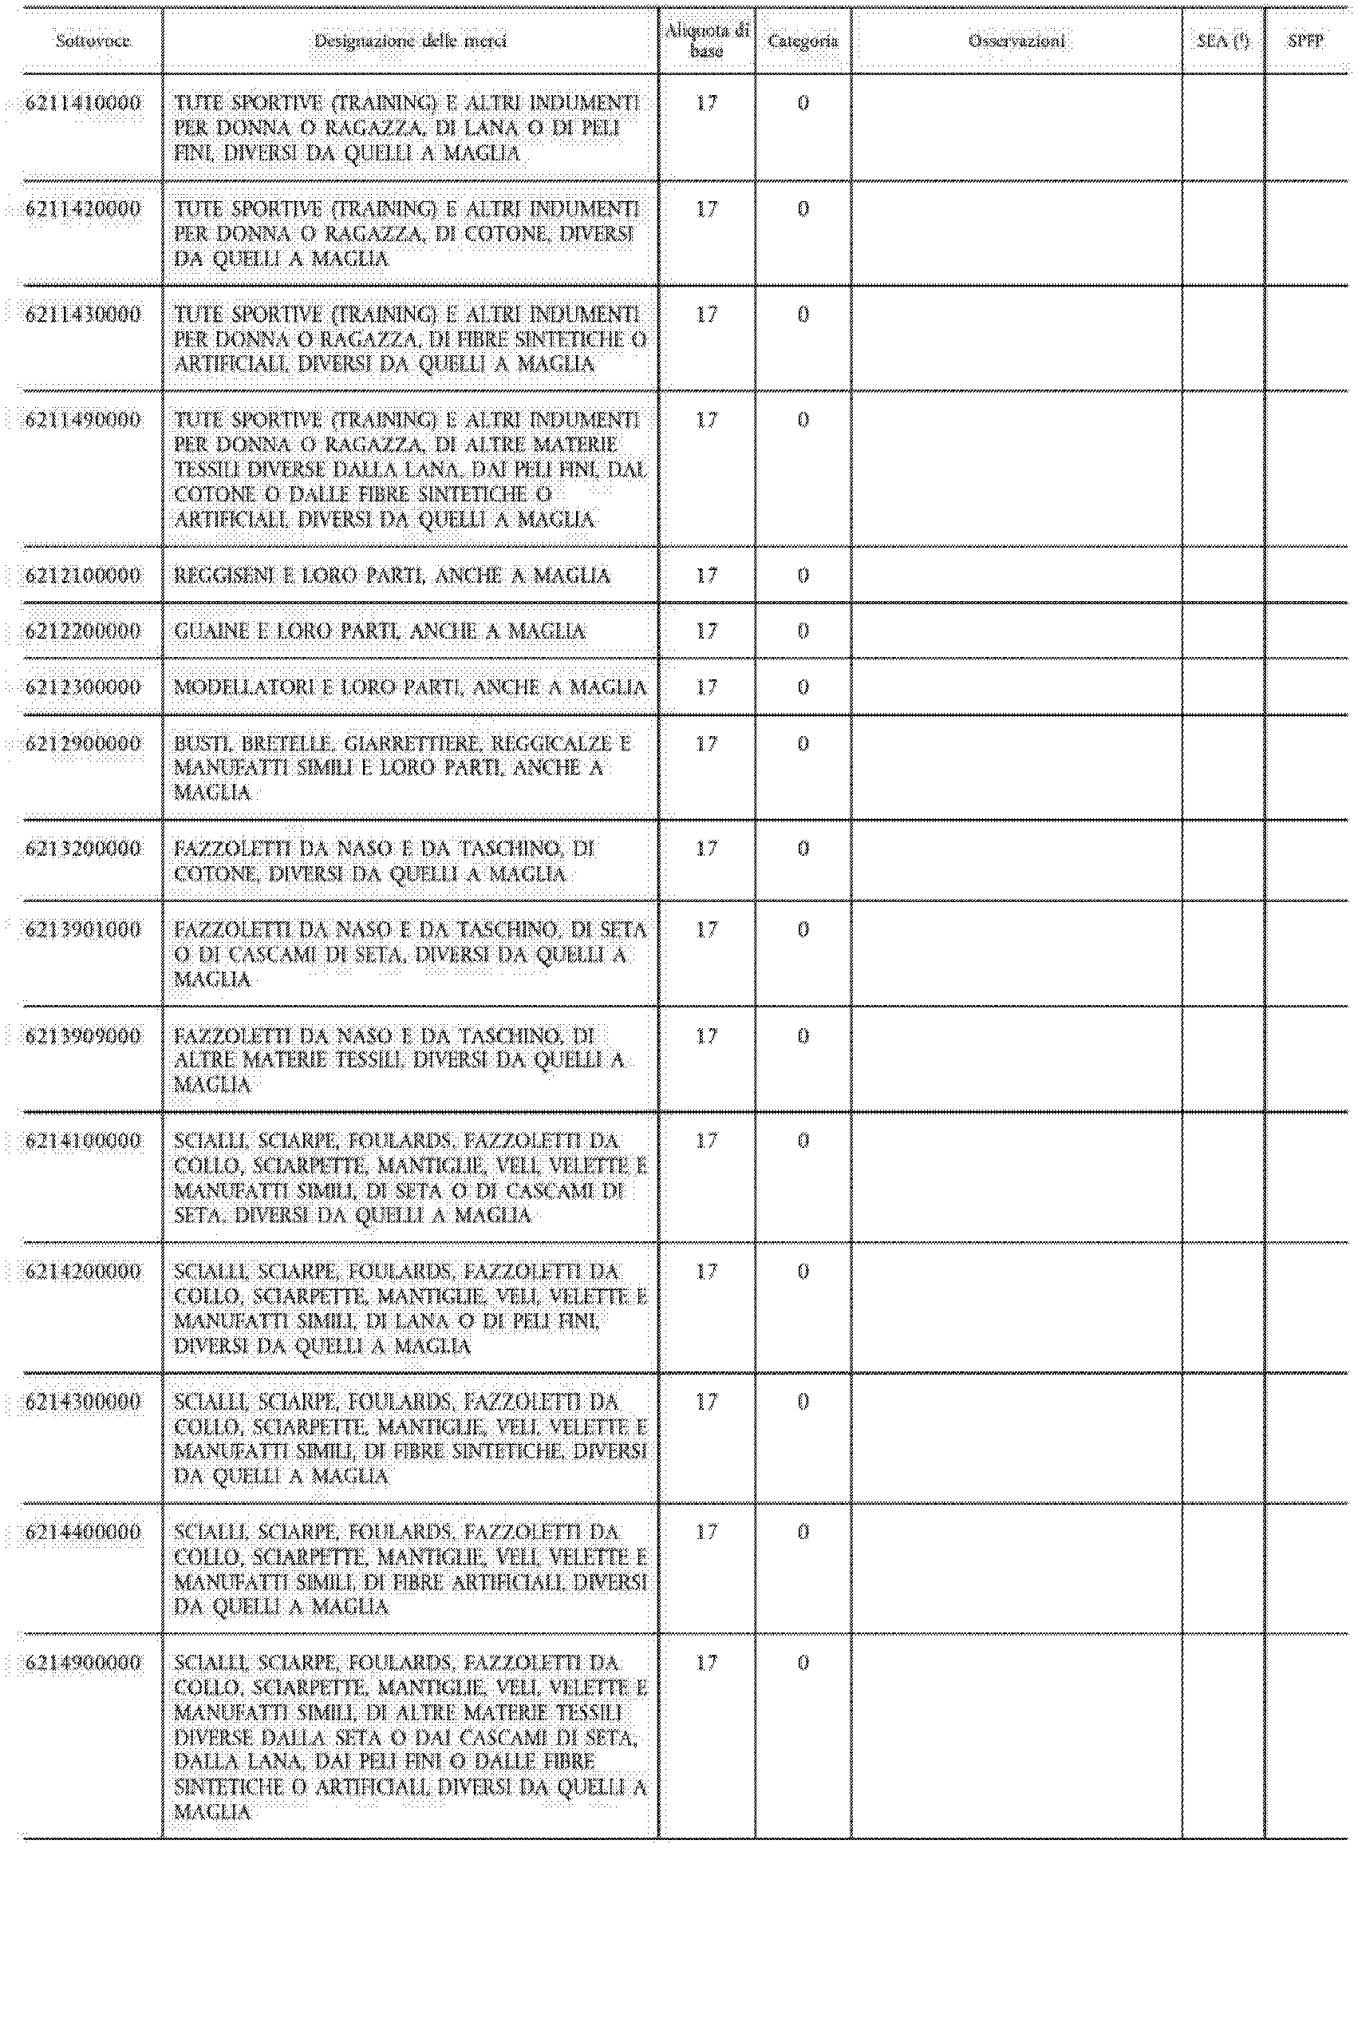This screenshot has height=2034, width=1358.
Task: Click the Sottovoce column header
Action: pos(93,41)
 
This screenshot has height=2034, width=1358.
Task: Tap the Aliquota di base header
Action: pos(707,41)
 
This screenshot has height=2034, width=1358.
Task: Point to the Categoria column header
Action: pos(803,41)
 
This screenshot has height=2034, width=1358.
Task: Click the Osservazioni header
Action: pos(1017,41)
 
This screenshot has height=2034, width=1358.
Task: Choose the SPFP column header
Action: pos(1305,41)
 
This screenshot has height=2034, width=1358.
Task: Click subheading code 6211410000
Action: pos(83,103)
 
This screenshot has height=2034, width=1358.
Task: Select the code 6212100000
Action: pos(83,576)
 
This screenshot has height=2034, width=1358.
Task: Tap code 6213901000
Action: pos(83,930)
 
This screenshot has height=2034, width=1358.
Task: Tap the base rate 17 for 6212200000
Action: pos(707,631)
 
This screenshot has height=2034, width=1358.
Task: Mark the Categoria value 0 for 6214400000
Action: pos(803,1533)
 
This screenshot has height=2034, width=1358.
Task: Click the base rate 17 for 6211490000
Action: pos(707,420)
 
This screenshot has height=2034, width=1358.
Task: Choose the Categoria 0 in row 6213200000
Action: pos(803,849)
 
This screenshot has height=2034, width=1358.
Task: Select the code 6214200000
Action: pos(83,1272)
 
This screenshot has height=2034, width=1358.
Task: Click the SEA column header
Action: pos(1223,41)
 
